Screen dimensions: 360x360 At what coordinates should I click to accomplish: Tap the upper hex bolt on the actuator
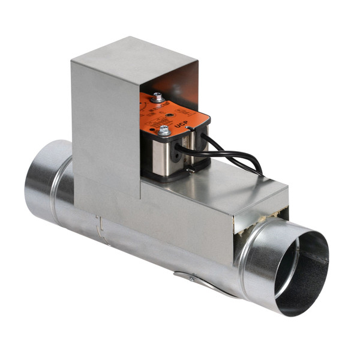157,96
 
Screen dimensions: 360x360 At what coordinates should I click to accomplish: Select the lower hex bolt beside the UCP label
164,130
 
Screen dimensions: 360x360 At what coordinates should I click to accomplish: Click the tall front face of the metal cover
105,126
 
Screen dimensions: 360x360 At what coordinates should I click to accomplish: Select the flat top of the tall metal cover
132,51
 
